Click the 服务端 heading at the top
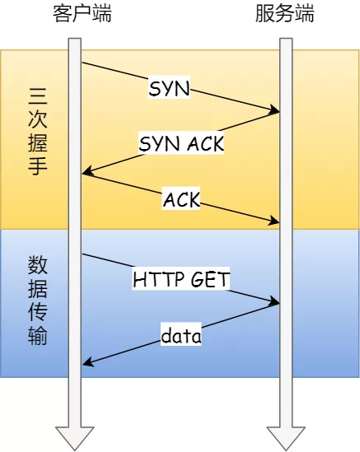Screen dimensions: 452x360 [x=285, y=14]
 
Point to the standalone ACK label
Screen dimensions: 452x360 [x=181, y=198]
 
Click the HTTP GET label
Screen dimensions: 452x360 [x=181, y=280]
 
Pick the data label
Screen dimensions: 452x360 [x=181, y=335]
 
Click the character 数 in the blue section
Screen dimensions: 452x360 [x=38, y=265]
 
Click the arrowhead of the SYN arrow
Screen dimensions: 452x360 [x=276, y=111]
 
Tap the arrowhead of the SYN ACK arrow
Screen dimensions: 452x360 [x=86, y=172]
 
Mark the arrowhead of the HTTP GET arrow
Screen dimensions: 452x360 [x=276, y=303]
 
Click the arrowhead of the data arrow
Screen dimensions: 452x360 [x=86, y=363]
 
